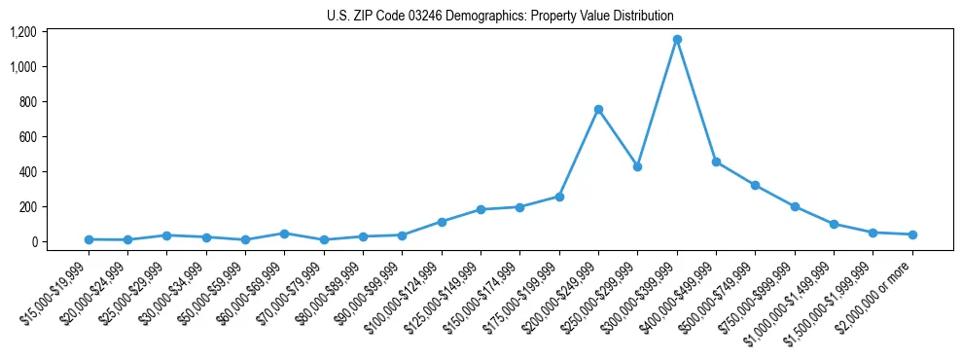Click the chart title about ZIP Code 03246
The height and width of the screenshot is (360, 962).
click(481, 16)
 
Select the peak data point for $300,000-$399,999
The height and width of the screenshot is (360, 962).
click(677, 40)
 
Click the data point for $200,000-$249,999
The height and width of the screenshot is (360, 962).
click(598, 109)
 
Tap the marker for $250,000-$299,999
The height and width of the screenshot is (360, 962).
click(637, 166)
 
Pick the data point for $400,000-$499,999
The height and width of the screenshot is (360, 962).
click(716, 162)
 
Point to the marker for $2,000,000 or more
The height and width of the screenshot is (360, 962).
click(912, 234)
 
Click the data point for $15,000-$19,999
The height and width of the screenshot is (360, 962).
click(89, 239)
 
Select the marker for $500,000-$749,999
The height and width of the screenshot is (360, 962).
click(755, 185)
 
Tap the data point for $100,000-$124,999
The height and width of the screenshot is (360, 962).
click(442, 222)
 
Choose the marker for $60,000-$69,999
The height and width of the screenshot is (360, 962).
click(284, 234)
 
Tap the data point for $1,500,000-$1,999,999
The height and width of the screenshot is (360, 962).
click(873, 233)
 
